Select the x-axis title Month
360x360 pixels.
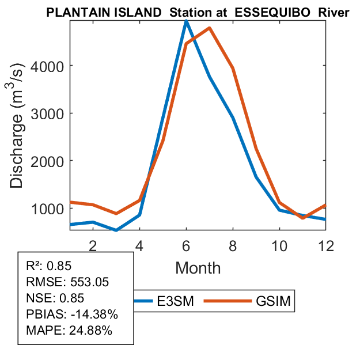pos(198,267)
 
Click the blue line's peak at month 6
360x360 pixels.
pos(186,21)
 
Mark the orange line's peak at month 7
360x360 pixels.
pos(209,28)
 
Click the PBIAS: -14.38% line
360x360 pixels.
pos(72,314)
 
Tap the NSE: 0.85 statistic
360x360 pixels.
pos(55,298)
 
